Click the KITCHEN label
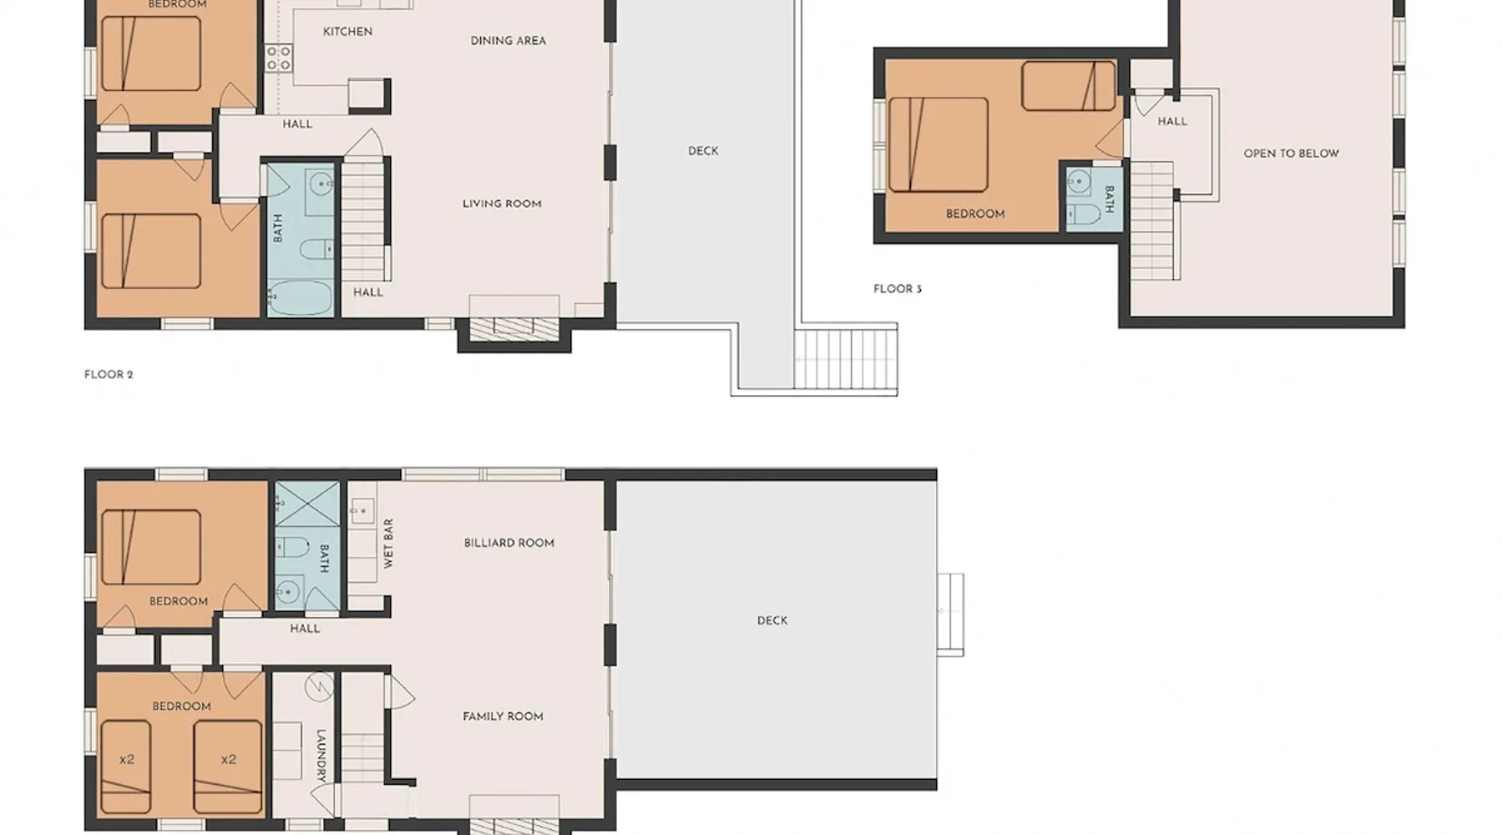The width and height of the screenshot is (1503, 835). (x=347, y=32)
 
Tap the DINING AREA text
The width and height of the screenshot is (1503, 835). (x=508, y=40)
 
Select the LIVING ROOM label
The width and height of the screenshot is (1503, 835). (x=502, y=204)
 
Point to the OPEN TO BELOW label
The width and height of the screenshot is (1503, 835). (x=1291, y=154)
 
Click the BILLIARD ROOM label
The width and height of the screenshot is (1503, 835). (x=509, y=543)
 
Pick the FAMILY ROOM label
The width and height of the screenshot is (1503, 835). (x=503, y=716)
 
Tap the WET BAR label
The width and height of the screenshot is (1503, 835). (x=388, y=544)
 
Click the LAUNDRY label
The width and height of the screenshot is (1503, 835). (x=321, y=756)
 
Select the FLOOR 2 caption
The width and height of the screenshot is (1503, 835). (x=109, y=375)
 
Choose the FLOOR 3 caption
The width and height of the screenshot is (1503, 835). (x=898, y=289)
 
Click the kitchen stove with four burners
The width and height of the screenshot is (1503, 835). (x=279, y=58)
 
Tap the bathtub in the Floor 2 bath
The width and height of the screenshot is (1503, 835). (x=300, y=298)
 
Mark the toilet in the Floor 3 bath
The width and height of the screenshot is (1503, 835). (x=1085, y=213)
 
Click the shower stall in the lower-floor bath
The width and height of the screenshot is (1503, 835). (x=307, y=504)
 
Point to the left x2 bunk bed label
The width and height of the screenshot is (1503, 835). (x=127, y=759)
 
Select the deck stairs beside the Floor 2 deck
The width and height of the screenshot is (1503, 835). (x=845, y=359)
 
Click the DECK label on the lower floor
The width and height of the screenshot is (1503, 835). (x=772, y=620)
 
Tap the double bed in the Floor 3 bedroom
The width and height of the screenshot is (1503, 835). (x=939, y=144)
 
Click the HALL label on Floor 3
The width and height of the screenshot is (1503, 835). (x=1172, y=121)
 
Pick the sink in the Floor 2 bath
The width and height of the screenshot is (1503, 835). (x=320, y=183)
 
